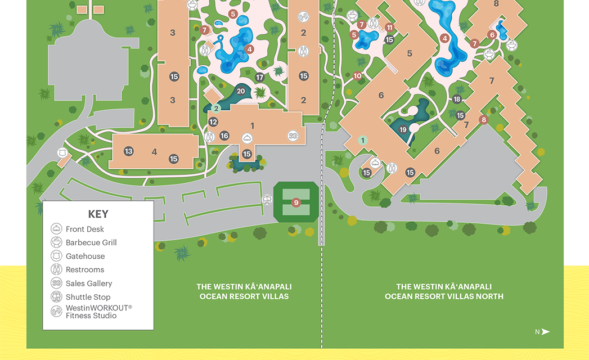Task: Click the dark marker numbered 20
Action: [x=241, y=91]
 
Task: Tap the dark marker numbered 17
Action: [x=259, y=78]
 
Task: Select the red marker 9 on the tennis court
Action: [x=296, y=203]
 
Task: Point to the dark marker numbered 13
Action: [x=128, y=151]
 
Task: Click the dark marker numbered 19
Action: [x=403, y=129]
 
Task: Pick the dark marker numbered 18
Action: [x=456, y=99]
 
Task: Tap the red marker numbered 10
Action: [x=357, y=76]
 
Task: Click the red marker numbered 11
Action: [x=389, y=28]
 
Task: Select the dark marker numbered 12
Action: [x=213, y=121]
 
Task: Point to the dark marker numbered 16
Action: [x=224, y=136]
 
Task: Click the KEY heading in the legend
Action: [x=98, y=214]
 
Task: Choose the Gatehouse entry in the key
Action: [x=78, y=256]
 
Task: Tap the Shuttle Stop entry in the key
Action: [x=80, y=297]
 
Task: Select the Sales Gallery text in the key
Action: [x=89, y=283]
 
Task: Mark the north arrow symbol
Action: [x=545, y=332]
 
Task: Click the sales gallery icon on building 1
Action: [x=293, y=136]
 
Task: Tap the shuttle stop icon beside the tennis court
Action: [x=267, y=200]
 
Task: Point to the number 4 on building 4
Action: [x=154, y=152]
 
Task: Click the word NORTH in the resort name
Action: [x=490, y=296]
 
